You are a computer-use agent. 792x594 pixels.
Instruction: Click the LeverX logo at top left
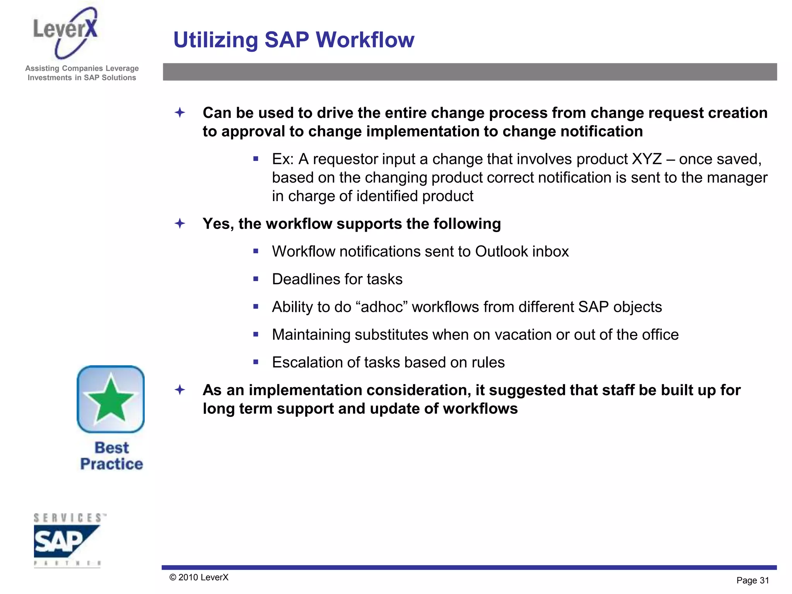tap(66, 33)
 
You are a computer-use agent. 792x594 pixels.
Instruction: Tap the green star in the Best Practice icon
tap(111, 398)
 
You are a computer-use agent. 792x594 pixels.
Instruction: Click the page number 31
tap(764, 580)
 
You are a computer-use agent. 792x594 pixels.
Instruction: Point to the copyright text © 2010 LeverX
tap(199, 577)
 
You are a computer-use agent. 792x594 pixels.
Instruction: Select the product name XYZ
tap(647, 159)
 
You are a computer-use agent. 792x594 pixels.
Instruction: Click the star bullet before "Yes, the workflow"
tap(180, 224)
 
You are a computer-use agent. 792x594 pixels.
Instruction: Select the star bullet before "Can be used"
tap(180, 113)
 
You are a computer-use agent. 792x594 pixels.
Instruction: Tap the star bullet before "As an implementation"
tap(180, 390)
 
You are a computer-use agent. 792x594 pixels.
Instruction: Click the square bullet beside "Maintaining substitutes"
tap(256, 335)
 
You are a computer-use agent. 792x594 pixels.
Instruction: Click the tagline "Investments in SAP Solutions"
tap(82, 78)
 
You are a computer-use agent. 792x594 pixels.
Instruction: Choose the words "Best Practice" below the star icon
tap(111, 456)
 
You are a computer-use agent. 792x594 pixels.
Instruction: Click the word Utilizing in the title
tap(215, 40)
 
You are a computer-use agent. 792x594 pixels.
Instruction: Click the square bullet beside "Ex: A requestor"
tap(256, 159)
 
